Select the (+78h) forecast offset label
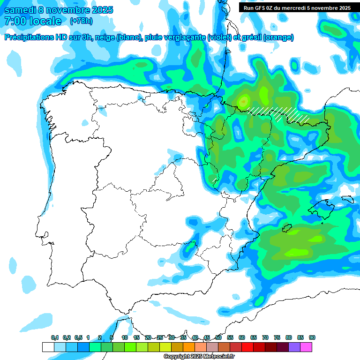coord(81,21)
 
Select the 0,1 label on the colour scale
coord(55,337)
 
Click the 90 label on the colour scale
coord(312,337)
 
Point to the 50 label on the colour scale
coord(218,337)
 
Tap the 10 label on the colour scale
coord(125,337)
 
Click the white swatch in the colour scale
coord(48,347)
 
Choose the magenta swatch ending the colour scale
coord(307,347)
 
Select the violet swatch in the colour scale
coord(295,347)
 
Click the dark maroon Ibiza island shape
coord(285,228)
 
